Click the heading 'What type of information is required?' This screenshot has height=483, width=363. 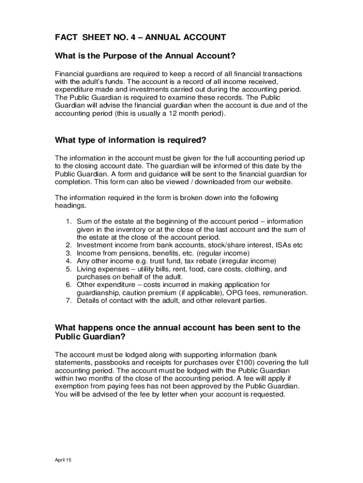coord(131,140)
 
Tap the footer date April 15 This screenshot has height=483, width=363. coord(63,460)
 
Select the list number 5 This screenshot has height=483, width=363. coord(68,269)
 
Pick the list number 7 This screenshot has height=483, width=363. coord(68,300)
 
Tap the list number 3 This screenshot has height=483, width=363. coord(68,253)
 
